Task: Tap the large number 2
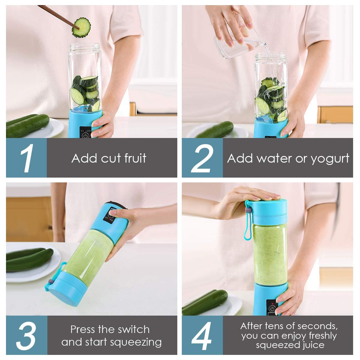click(x=202, y=158)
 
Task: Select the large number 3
click(x=26, y=335)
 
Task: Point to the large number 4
click(x=202, y=335)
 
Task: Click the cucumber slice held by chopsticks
click(x=81, y=27)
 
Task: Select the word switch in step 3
click(x=133, y=329)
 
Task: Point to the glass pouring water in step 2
click(x=238, y=46)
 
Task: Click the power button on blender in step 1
click(x=86, y=135)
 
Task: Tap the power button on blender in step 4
click(x=272, y=309)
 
